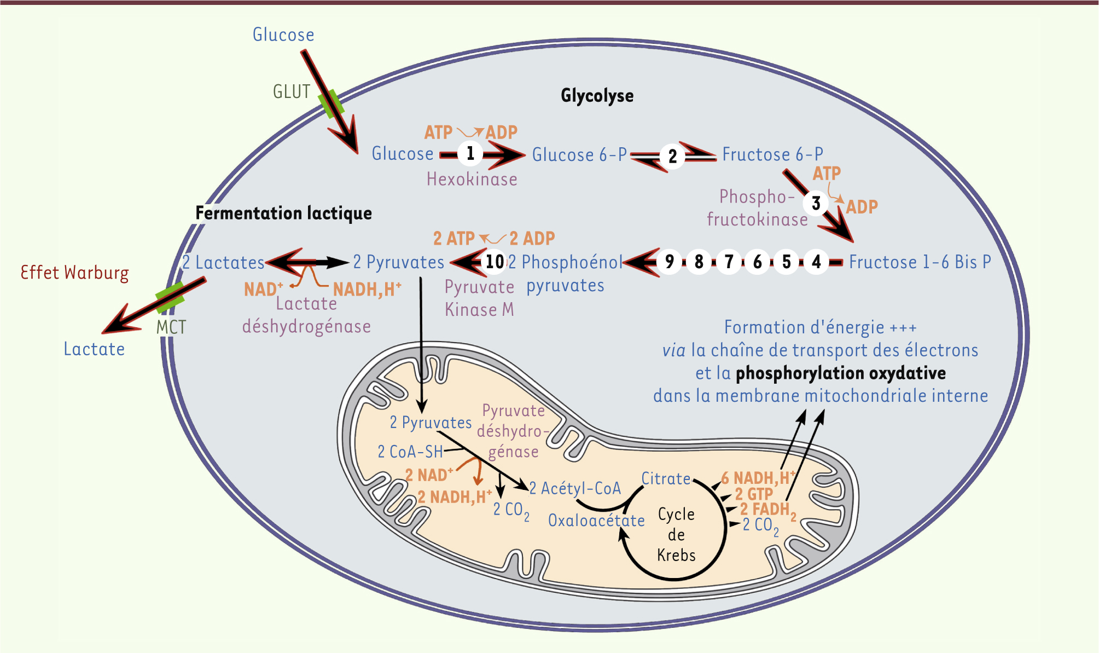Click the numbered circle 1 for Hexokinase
[x=470, y=154]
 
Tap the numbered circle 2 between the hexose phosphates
[x=672, y=157]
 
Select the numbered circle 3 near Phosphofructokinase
[x=816, y=204]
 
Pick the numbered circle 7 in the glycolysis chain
[x=728, y=262]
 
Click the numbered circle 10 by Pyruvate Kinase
[x=495, y=262]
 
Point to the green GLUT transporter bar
[x=332, y=104]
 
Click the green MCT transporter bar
[x=170, y=297]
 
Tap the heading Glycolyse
[x=597, y=96]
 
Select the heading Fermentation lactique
[x=283, y=213]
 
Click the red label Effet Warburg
[x=74, y=273]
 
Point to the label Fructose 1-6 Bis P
[x=920, y=262]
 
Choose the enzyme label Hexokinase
[x=472, y=179]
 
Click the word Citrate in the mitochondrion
[x=666, y=478]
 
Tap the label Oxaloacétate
[x=596, y=520]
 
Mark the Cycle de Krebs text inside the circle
[x=676, y=534]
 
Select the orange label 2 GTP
[x=753, y=494]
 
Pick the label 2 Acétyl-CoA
[x=575, y=488]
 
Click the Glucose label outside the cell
[x=283, y=35]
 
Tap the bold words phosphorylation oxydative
[x=840, y=373]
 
